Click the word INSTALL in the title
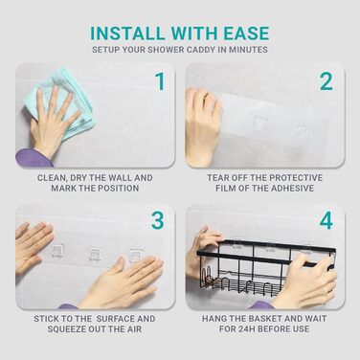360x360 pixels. (x=127, y=34)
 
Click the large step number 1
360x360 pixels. (x=160, y=81)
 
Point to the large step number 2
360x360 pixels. (x=326, y=81)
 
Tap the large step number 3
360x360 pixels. (x=158, y=220)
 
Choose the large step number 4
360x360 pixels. (x=326, y=220)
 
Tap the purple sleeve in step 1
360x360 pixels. (x=33, y=158)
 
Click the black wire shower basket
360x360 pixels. (x=266, y=270)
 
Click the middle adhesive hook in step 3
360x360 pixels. (x=95, y=255)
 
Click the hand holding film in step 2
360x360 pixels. (x=203, y=127)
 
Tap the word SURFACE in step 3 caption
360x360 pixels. (x=116, y=319)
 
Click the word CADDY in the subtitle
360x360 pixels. (x=201, y=50)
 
